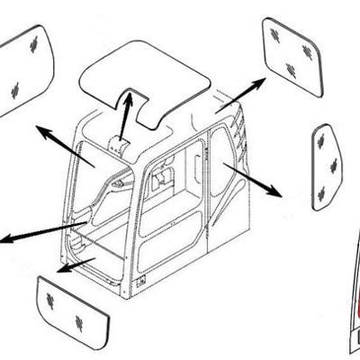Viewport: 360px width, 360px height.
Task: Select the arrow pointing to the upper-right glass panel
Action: pos(241,95)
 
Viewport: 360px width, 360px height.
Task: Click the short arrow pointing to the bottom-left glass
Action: pos(76,264)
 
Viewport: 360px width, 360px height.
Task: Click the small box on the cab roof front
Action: pos(118,146)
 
